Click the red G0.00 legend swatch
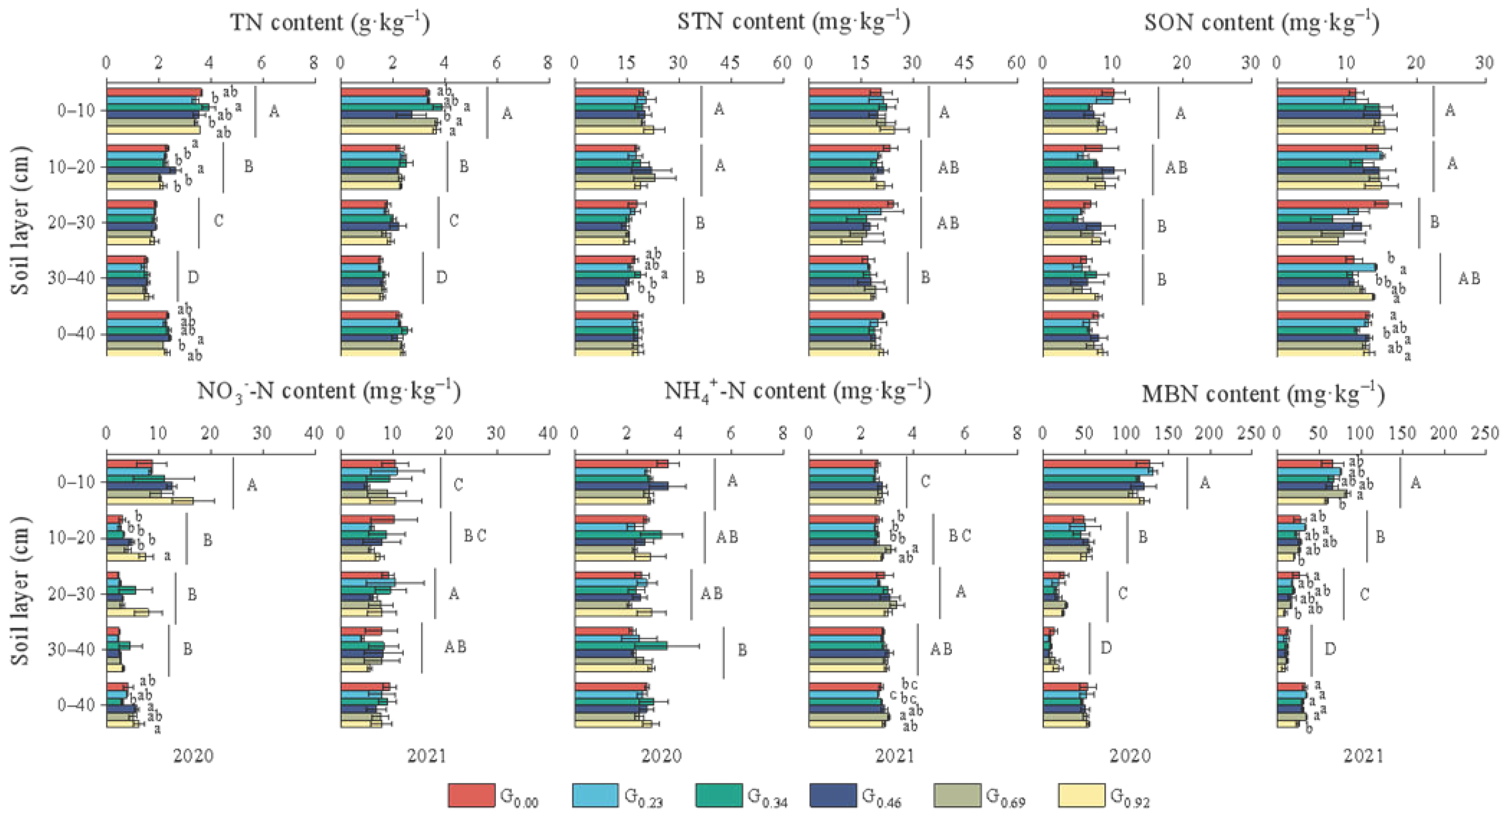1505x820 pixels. [471, 795]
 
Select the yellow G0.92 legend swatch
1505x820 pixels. [1081, 795]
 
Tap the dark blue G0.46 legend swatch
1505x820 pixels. [832, 795]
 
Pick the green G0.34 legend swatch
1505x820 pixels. [718, 795]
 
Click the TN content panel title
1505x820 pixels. [330, 22]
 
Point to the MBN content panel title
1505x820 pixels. [1263, 394]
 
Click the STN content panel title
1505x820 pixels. [793, 22]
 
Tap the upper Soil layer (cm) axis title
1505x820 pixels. [21, 221]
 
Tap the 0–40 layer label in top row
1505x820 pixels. [76, 334]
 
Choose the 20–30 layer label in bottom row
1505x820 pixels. [76, 594]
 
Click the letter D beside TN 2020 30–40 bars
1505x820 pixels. [193, 277]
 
